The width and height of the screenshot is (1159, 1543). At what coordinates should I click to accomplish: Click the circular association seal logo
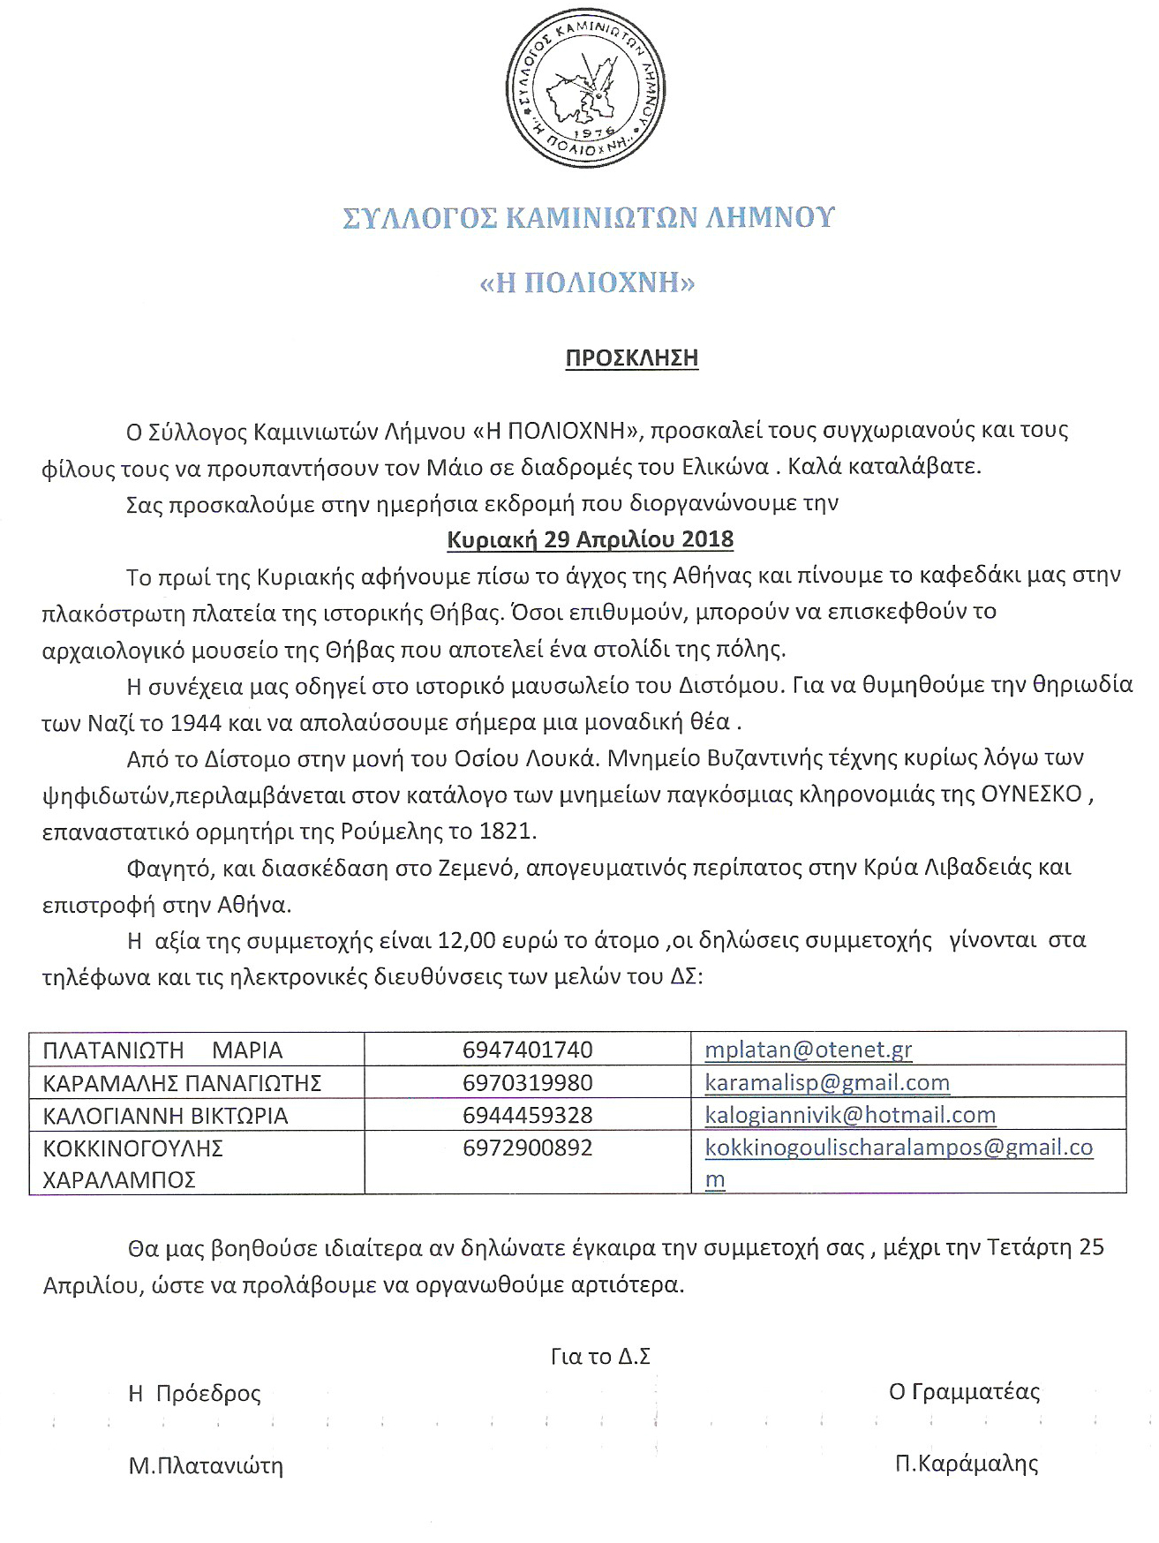tap(585, 88)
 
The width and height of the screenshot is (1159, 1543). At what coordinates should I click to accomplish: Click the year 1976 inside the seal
tap(593, 132)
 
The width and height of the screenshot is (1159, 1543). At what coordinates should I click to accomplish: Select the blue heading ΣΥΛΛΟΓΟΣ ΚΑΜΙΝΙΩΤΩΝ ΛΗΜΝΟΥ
tap(589, 217)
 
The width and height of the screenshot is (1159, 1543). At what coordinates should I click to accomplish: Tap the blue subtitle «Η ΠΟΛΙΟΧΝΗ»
tap(587, 282)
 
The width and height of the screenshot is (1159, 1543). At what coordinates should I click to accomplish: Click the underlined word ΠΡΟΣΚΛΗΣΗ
tap(631, 358)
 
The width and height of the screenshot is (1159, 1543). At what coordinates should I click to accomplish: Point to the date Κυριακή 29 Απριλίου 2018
tap(590, 539)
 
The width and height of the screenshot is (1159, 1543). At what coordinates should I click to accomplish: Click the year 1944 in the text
tap(195, 723)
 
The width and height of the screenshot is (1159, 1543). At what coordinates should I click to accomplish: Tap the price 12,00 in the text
tap(467, 941)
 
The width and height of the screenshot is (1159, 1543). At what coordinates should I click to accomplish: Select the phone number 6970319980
tap(527, 1083)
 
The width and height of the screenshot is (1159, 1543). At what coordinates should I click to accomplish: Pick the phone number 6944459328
tap(527, 1116)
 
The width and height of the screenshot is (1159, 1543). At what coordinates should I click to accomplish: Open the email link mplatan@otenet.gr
tap(808, 1050)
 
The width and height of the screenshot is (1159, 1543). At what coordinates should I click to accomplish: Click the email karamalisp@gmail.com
tap(827, 1083)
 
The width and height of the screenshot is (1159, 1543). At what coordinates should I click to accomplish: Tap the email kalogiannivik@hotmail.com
tap(850, 1116)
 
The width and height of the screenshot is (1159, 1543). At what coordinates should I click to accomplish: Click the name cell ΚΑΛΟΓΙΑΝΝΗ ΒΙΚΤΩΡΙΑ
tap(165, 1117)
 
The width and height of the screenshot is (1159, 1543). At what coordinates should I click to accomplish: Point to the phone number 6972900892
tap(527, 1148)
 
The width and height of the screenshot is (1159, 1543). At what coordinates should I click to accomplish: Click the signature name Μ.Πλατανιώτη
tap(206, 1466)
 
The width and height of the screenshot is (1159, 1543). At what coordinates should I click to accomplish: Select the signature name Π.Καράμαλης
tap(967, 1464)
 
